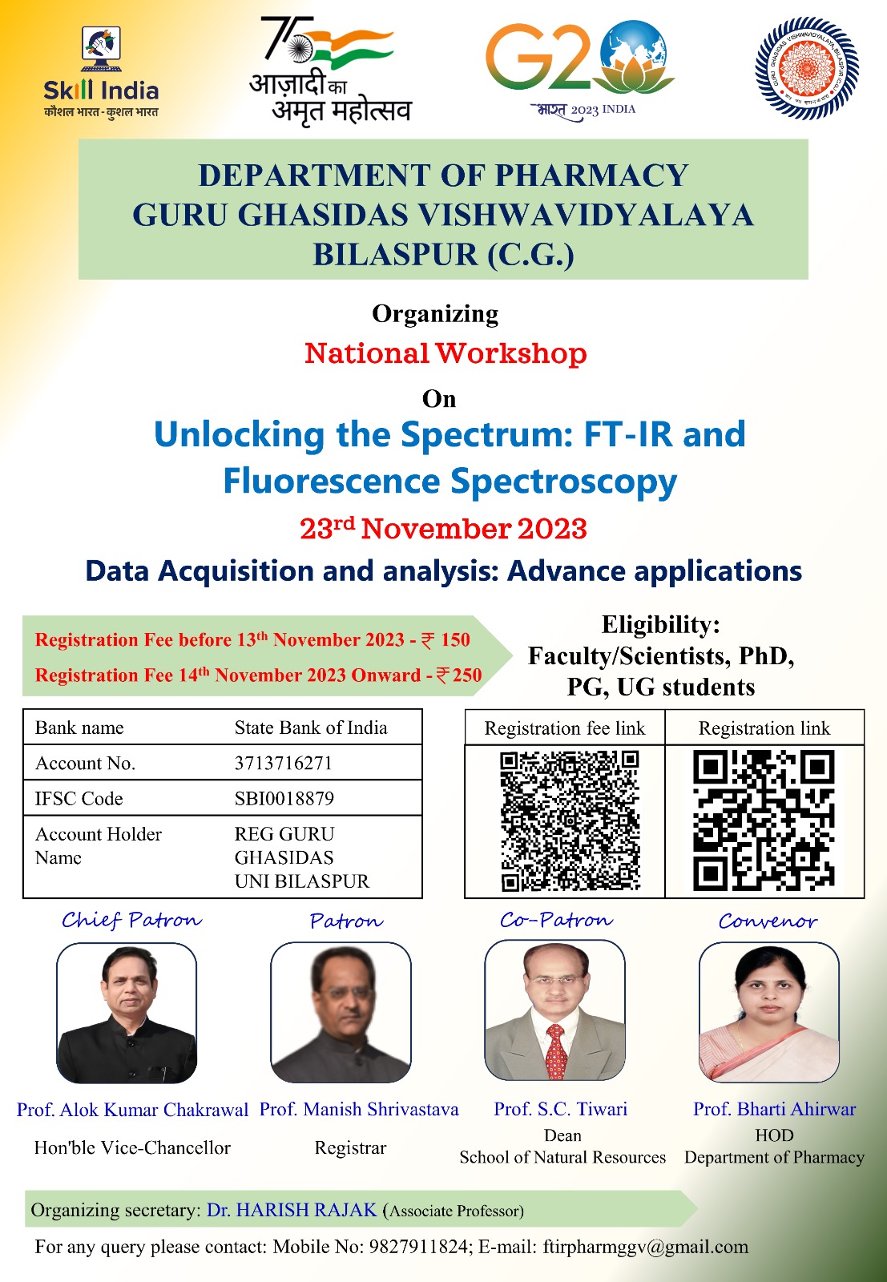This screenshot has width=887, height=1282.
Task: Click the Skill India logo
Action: pos(101,73)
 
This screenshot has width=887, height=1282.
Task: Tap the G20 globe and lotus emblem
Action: pos(635,57)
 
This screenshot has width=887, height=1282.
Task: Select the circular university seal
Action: pos(807,68)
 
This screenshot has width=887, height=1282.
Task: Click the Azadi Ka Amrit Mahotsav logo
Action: pos(330,71)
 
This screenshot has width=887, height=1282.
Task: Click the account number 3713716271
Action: pos(284,763)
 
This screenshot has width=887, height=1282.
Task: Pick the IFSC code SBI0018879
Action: pos(284,798)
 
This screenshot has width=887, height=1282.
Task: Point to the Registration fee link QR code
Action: pos(570,821)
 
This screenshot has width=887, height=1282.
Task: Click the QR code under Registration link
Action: pos(764,820)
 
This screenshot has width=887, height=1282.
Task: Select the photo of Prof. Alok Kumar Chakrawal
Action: pos(127,1014)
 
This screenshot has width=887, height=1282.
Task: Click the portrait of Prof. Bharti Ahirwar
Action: pos(769,1013)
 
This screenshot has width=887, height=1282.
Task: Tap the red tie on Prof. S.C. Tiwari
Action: pos(555,1052)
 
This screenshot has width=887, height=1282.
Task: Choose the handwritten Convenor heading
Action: pos(768,921)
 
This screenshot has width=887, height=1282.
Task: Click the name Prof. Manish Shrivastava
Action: pos(359,1109)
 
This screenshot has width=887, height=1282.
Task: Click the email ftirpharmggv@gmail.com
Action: pos(646,1247)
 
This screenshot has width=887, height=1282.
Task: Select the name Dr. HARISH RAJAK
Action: pos(292,1210)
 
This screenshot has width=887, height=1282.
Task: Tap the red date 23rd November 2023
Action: pos(444,528)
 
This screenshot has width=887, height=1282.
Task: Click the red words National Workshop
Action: pos(446,353)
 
